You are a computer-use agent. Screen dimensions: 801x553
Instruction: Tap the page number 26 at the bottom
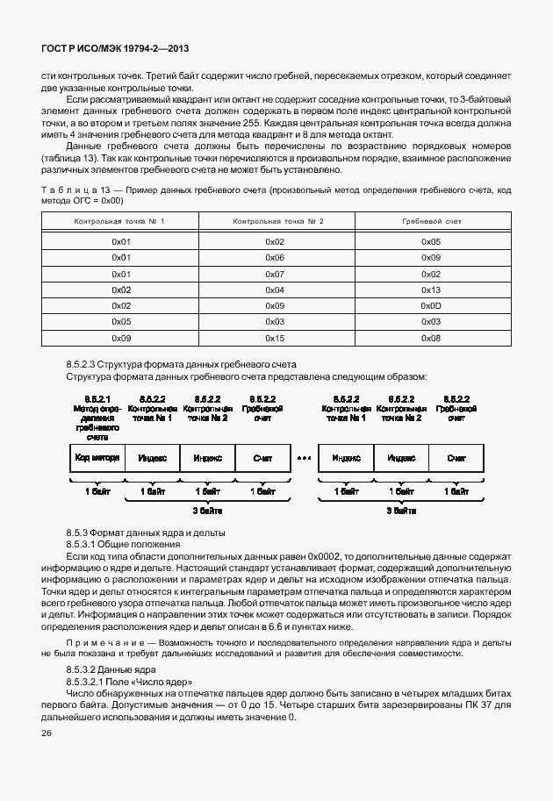(x=47, y=733)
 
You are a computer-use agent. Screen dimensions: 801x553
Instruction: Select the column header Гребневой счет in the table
(x=431, y=222)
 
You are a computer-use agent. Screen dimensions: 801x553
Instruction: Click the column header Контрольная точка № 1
(x=120, y=222)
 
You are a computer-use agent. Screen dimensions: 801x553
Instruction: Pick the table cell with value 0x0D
(x=431, y=305)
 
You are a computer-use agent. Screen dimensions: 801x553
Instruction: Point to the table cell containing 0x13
(x=431, y=290)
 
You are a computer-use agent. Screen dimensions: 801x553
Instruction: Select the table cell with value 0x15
(x=275, y=338)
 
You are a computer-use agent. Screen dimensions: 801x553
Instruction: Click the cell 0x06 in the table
(x=275, y=257)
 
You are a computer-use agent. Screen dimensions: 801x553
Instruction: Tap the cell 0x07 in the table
(x=275, y=274)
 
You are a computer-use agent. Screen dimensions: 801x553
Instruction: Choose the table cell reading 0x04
(x=275, y=290)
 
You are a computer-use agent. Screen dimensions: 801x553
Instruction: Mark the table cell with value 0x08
(x=431, y=338)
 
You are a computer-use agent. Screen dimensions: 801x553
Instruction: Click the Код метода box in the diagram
(x=97, y=458)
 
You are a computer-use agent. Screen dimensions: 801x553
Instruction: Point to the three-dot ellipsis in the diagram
(x=304, y=458)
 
